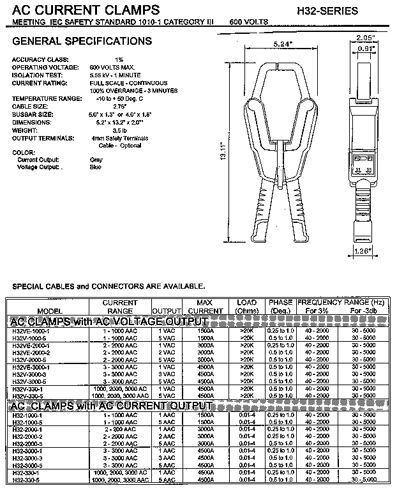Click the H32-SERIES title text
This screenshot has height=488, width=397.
327,11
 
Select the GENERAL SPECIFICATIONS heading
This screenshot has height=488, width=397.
82,42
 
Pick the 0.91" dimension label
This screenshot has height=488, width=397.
366,49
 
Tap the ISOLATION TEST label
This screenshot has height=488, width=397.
36,75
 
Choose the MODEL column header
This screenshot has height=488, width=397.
31,311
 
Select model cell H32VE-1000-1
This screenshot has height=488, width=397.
31,331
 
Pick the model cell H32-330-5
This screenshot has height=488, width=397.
26,480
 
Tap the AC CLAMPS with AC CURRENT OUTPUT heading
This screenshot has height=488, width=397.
110,406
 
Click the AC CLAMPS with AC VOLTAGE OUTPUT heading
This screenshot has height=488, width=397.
109,321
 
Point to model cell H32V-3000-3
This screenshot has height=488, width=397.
29,374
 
